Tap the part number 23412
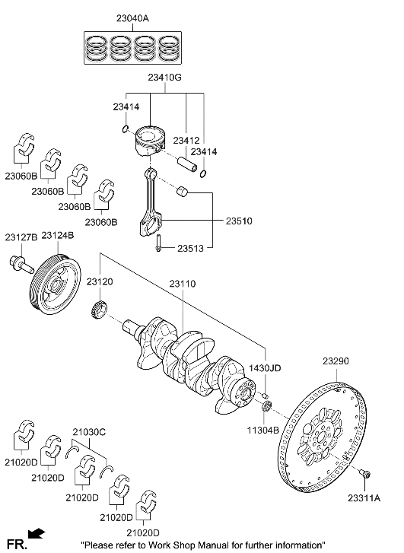point(186,141)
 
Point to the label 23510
point(240,221)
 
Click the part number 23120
point(100,281)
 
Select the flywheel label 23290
point(336,361)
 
